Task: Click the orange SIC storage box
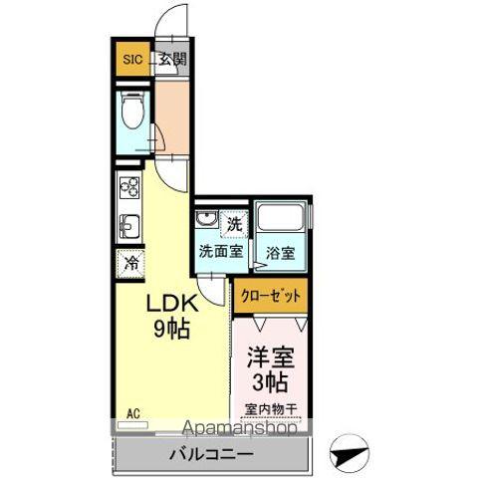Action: coord(132,59)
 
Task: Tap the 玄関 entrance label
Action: coord(172,59)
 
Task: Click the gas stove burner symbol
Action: coord(129,186)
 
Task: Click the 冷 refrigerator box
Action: coord(131,264)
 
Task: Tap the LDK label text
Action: coord(171,303)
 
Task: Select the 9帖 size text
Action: coord(171,329)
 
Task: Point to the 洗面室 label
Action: coord(219,252)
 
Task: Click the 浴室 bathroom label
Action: coord(280,253)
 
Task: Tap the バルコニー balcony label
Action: coord(211,453)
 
